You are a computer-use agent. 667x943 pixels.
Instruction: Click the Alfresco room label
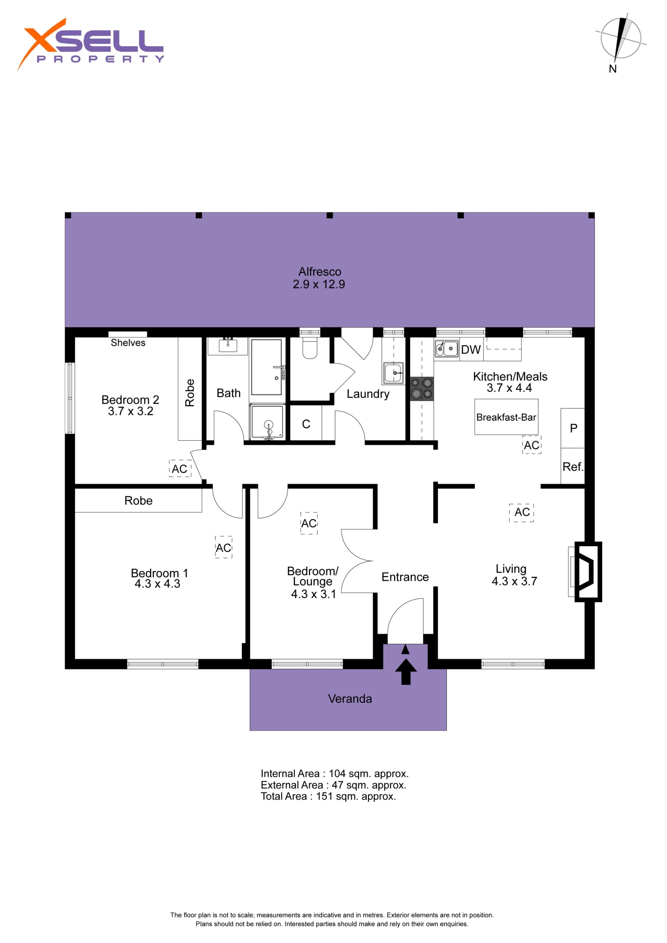pyautogui.click(x=319, y=271)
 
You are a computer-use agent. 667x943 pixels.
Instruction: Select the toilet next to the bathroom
pyautogui.click(x=310, y=347)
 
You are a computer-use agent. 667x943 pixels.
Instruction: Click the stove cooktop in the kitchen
pyautogui.click(x=422, y=389)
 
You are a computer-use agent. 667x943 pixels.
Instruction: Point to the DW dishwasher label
pyautogui.click(x=471, y=350)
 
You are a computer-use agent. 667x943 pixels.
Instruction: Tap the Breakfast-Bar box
pyautogui.click(x=506, y=417)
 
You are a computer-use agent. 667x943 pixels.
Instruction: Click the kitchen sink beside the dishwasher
pyautogui.click(x=446, y=349)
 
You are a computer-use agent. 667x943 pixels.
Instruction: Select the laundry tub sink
pyautogui.click(x=393, y=373)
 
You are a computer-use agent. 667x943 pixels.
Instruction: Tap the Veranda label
pyautogui.click(x=350, y=699)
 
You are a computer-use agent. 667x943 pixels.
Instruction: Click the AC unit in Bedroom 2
pyautogui.click(x=180, y=468)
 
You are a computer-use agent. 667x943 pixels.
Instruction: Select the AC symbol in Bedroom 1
pyautogui.click(x=224, y=547)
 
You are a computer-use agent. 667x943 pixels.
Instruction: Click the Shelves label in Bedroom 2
pyautogui.click(x=128, y=343)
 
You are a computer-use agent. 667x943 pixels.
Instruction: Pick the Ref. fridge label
pyautogui.click(x=573, y=467)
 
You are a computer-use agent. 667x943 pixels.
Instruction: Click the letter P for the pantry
pyautogui.click(x=574, y=428)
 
